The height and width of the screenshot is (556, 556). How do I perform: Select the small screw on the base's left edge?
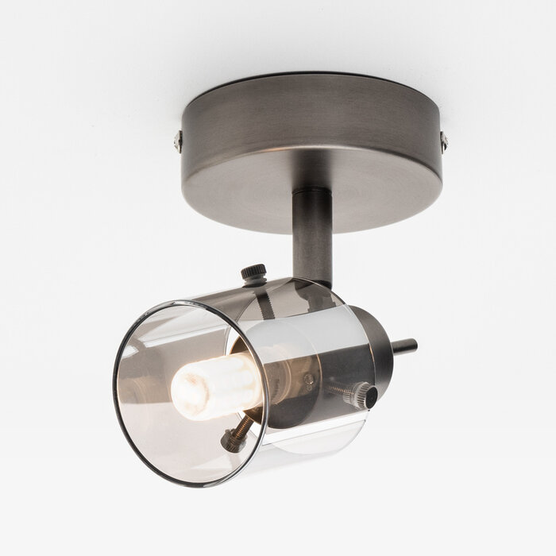tap(179, 142)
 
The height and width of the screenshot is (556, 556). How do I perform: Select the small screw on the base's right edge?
tap(443, 142)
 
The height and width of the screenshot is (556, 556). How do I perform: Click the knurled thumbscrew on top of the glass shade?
tap(254, 273)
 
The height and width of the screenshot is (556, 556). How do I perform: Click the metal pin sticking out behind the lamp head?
tap(404, 346)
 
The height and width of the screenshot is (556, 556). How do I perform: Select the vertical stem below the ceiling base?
tap(312, 238)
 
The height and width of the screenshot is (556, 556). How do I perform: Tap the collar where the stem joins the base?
tap(312, 195)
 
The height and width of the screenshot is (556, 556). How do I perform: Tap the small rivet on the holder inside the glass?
tap(310, 380)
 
